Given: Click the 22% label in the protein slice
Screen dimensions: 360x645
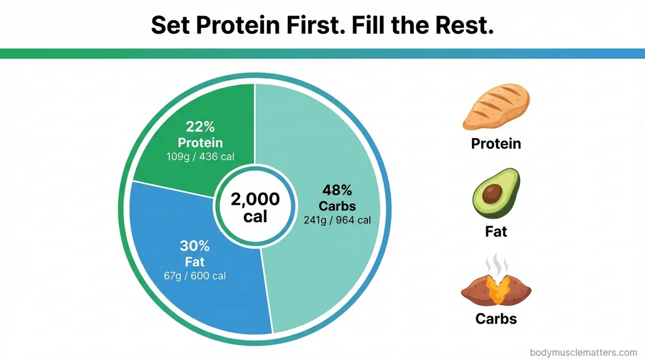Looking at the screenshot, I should (200, 127).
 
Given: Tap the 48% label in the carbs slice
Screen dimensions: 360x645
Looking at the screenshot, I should (337, 190).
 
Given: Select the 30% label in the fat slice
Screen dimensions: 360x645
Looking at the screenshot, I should (194, 246).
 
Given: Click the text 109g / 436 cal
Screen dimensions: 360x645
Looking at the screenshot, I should (200, 157).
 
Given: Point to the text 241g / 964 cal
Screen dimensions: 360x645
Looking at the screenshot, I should (337, 220).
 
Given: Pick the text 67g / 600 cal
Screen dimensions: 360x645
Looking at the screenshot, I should (194, 276).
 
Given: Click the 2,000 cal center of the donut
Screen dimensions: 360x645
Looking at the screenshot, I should (255, 207).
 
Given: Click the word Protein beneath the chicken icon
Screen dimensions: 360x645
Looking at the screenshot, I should (496, 144).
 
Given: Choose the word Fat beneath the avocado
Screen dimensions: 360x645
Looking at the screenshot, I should (496, 231).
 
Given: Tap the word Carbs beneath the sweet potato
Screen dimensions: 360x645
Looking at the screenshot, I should (496, 319).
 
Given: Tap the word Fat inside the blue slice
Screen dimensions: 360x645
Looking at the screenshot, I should (194, 262).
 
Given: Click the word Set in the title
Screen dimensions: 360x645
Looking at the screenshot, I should (170, 25).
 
